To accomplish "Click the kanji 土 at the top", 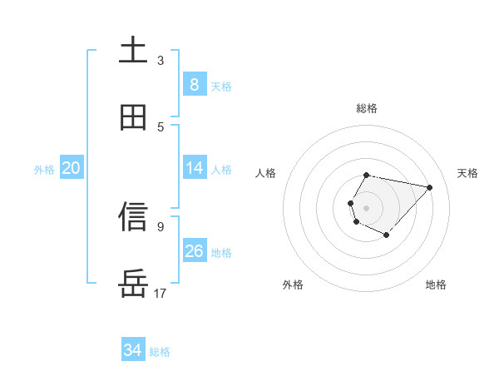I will pyautogui.click(x=133, y=50).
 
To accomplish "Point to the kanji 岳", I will pyautogui.click(x=133, y=284).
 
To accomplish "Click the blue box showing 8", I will pyautogui.click(x=194, y=85).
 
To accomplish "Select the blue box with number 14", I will pyautogui.click(x=194, y=168).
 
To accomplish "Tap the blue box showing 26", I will pyautogui.click(x=194, y=251).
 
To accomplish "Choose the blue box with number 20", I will pyautogui.click(x=71, y=168).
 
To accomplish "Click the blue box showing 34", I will pyautogui.click(x=132, y=351).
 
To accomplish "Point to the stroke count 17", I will pyautogui.click(x=161, y=293).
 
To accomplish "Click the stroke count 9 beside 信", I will pyautogui.click(x=161, y=225).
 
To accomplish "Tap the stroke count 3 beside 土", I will pyautogui.click(x=161, y=60).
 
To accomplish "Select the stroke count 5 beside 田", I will pyautogui.click(x=161, y=126).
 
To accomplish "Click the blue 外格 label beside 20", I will pyautogui.click(x=44, y=169).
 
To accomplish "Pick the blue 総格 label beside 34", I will pyautogui.click(x=160, y=352).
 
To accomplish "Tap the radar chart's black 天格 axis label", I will pyautogui.click(x=468, y=173).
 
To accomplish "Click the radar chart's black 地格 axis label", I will pyautogui.click(x=436, y=285).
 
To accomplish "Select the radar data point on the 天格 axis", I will pyautogui.click(x=429, y=187).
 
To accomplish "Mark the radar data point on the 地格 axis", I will pyautogui.click(x=386, y=235).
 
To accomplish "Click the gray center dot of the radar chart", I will pyautogui.click(x=366, y=208).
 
